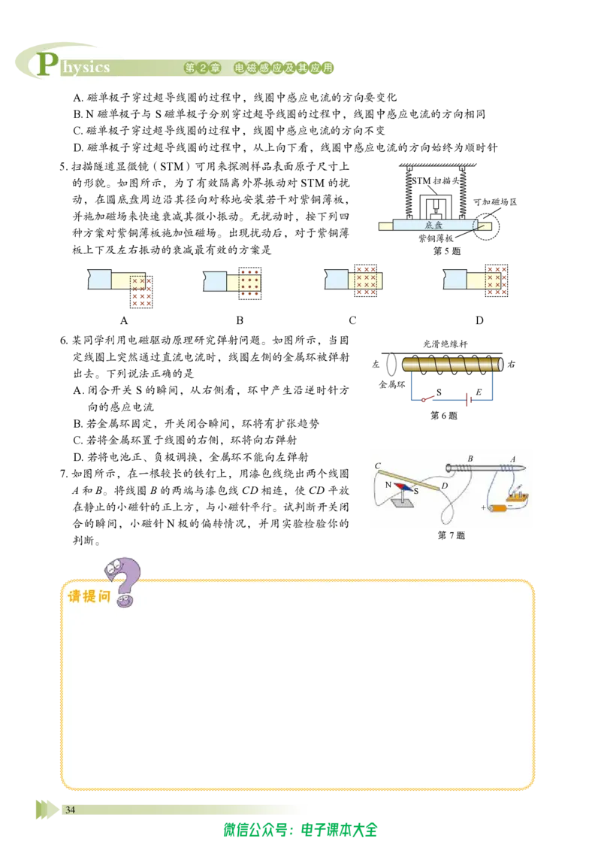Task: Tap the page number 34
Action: [x=70, y=810]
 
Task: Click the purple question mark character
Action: [x=123, y=580]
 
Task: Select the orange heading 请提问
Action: [x=89, y=596]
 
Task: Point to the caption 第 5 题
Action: [x=447, y=251]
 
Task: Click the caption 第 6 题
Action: [x=444, y=415]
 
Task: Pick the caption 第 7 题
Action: [x=452, y=535]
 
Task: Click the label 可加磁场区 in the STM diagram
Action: [x=494, y=202]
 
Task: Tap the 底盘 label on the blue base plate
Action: [x=433, y=225]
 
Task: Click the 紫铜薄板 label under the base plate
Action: [x=436, y=238]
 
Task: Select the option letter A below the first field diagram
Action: [x=124, y=320]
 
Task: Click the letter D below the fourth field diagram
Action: [x=479, y=320]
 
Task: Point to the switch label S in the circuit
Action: [x=439, y=392]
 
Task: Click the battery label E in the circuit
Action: [x=479, y=392]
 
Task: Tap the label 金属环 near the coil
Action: [x=391, y=384]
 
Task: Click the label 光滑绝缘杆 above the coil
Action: [x=445, y=344]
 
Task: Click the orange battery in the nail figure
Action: [x=498, y=508]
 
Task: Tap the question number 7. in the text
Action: [x=63, y=474]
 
